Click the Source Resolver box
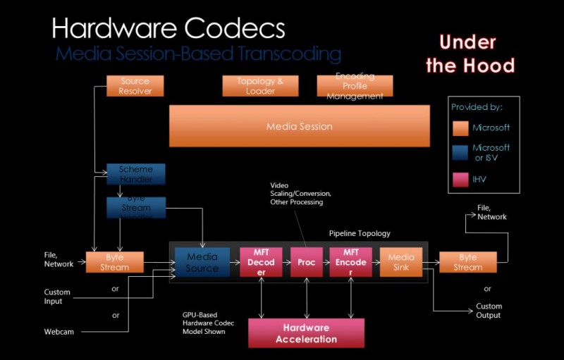click(135, 86)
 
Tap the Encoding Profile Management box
click(355, 86)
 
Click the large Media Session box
click(299, 126)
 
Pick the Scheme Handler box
click(135, 174)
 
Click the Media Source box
click(202, 262)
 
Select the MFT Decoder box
click(262, 262)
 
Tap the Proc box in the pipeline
click(306, 262)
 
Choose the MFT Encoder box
click(350, 262)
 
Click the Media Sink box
click(401, 262)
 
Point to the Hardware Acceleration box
click(306, 333)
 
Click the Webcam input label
click(59, 331)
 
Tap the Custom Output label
click(488, 311)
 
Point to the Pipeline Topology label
click(360, 233)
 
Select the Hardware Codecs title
click(168, 28)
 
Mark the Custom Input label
click(58, 297)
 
